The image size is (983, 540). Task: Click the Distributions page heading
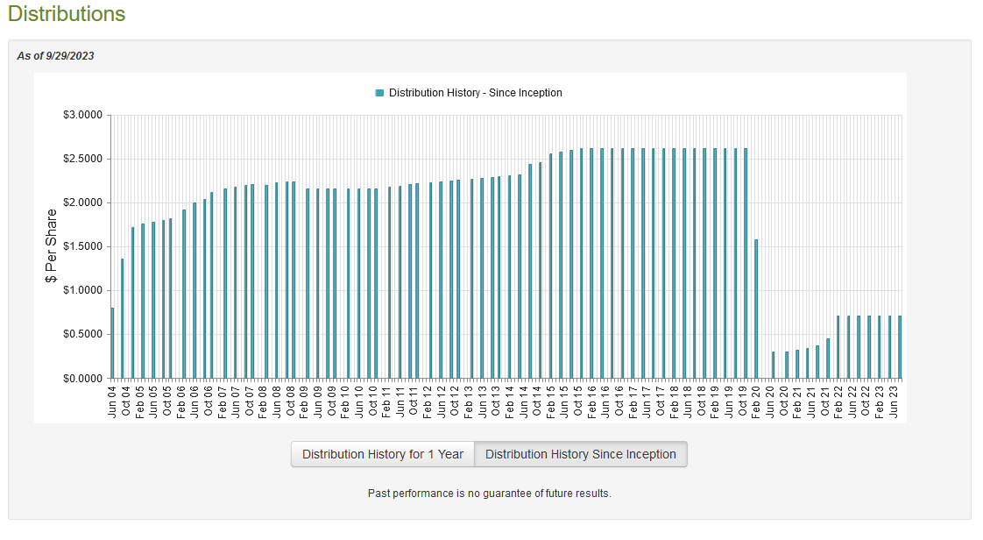[x=67, y=15]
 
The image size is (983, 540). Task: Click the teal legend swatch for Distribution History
[x=379, y=93]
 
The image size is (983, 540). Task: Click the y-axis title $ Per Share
[x=51, y=246]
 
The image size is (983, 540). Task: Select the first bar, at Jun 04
[x=112, y=343]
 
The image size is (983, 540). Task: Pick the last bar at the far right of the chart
[x=900, y=347]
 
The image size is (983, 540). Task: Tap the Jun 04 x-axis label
[x=113, y=401]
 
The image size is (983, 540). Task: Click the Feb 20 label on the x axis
[x=757, y=401]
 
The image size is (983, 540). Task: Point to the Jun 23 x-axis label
[x=894, y=401]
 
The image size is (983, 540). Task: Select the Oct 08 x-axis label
[x=291, y=401]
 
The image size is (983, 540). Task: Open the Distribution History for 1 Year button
[x=383, y=454]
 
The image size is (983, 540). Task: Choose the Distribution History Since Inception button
[x=581, y=454]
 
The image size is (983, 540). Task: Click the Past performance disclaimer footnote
[x=489, y=494]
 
